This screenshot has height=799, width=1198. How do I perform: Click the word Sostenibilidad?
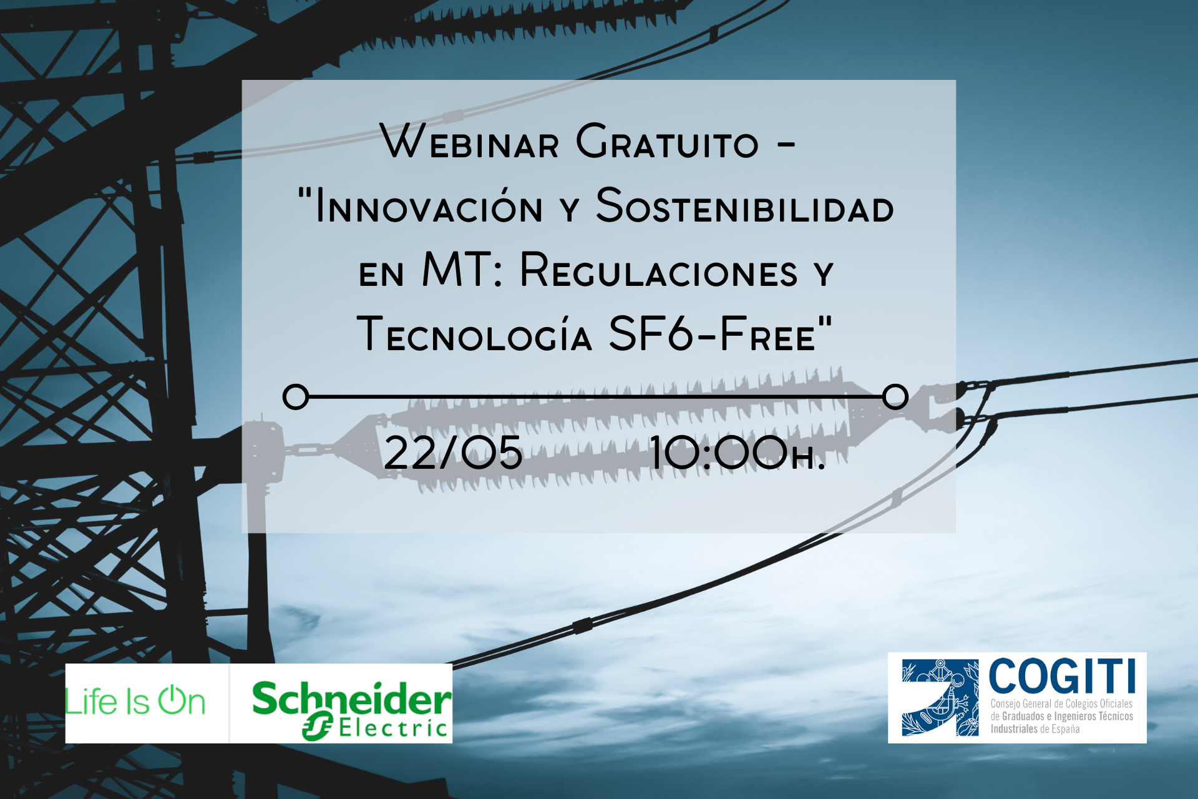pyautogui.click(x=745, y=205)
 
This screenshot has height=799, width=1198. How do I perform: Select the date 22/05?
pyautogui.click(x=453, y=453)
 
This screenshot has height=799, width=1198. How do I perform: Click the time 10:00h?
pyautogui.click(x=738, y=453)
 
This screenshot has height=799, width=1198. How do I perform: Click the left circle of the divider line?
pyautogui.click(x=296, y=397)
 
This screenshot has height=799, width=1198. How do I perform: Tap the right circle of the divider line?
pyautogui.click(x=895, y=396)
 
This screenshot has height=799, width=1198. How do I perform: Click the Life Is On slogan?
pyautogui.click(x=135, y=701)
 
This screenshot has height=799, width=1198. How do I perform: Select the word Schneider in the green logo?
pyautogui.click(x=352, y=699)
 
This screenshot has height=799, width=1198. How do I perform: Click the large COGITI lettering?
pyautogui.click(x=1063, y=676)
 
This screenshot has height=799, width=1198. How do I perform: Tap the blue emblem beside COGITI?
pyautogui.click(x=940, y=697)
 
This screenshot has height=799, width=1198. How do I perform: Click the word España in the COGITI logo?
pyautogui.click(x=1065, y=729)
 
